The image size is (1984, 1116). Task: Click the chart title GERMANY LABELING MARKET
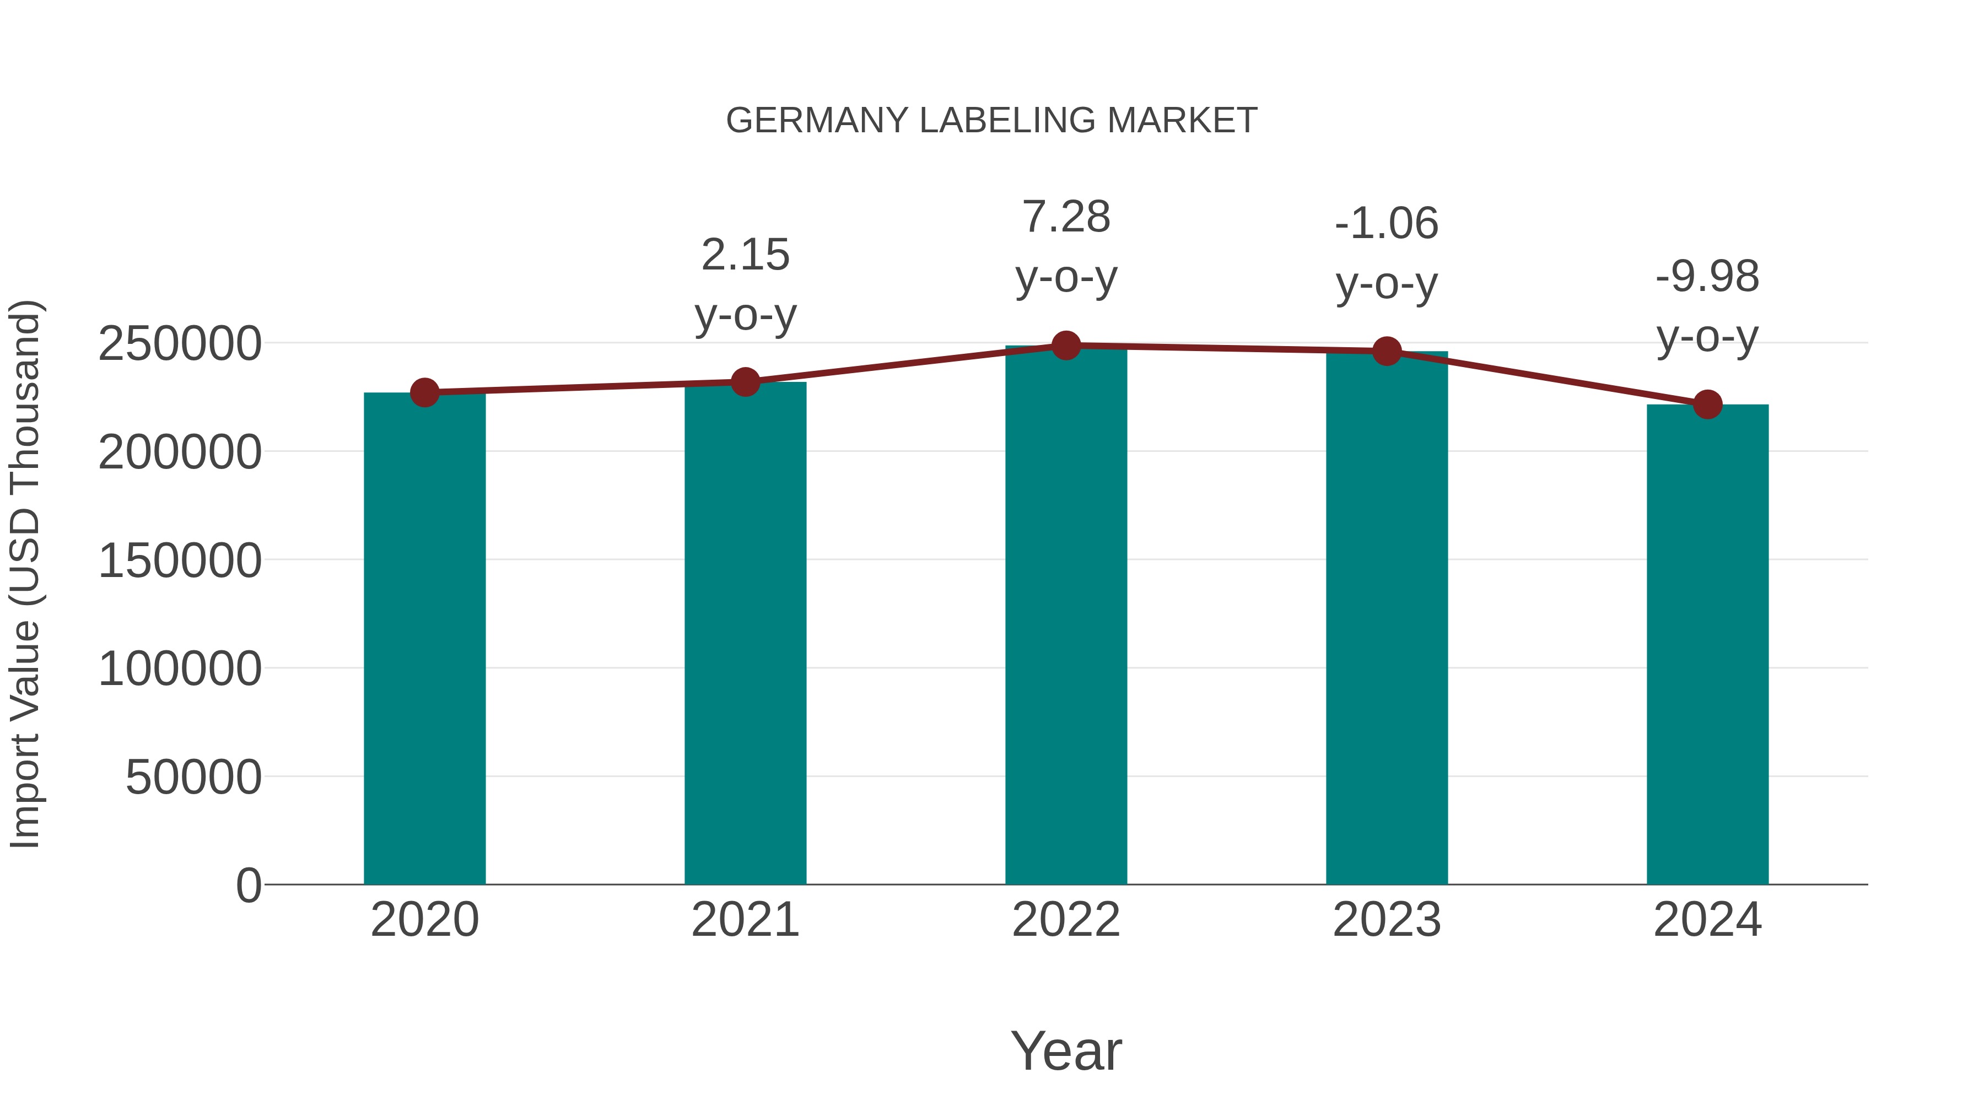991,121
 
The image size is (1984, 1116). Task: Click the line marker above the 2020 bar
424,393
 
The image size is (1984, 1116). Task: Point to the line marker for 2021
745,382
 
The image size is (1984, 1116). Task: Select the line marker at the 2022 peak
1066,346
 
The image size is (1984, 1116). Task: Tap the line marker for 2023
1387,351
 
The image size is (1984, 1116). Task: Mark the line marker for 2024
1707,405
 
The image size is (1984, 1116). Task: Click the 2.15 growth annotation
745,255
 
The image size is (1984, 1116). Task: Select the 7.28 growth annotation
1066,217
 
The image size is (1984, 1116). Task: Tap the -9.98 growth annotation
1707,277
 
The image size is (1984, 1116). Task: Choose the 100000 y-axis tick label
180,668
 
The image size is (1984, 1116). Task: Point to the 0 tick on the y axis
249,885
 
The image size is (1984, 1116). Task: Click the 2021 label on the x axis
745,920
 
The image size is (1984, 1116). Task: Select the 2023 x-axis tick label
1387,920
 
